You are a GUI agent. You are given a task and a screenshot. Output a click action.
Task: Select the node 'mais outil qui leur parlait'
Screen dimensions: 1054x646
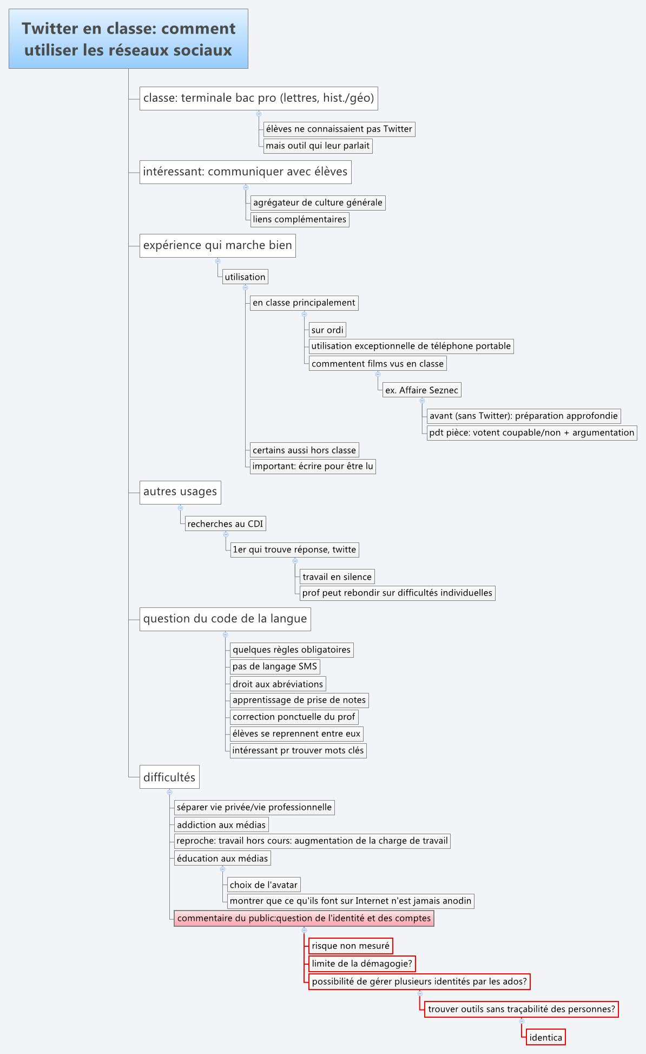pyautogui.click(x=317, y=146)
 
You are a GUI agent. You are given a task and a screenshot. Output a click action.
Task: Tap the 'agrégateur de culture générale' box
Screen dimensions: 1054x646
pyautogui.click(x=318, y=202)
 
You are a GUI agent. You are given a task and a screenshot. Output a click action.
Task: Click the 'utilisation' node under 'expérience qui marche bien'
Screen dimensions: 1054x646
pyautogui.click(x=245, y=277)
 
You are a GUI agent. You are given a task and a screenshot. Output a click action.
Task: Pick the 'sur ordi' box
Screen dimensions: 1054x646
pyautogui.click(x=327, y=330)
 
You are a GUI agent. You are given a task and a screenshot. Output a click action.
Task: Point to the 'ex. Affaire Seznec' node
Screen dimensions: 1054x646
pyautogui.click(x=421, y=390)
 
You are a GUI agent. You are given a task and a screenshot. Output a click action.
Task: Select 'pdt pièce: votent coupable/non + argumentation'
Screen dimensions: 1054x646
pyautogui.click(x=531, y=433)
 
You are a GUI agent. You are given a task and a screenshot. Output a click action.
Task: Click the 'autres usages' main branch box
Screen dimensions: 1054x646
pyautogui.click(x=180, y=492)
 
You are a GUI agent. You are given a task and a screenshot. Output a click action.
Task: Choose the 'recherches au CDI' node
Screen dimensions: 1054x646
pyautogui.click(x=225, y=523)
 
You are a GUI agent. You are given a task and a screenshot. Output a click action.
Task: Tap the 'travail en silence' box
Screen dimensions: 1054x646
pyautogui.click(x=337, y=577)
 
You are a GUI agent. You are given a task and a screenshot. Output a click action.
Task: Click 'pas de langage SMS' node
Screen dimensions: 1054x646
pyautogui.click(x=274, y=666)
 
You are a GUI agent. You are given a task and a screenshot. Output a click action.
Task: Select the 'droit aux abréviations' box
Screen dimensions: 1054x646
pyautogui.click(x=278, y=684)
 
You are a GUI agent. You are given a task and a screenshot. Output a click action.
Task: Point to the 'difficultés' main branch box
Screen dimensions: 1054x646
pyautogui.click(x=169, y=777)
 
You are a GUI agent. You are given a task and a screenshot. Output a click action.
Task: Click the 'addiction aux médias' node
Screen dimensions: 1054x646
pyautogui.click(x=221, y=824)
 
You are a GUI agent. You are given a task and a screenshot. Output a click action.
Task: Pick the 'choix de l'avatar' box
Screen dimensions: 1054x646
pyautogui.click(x=263, y=885)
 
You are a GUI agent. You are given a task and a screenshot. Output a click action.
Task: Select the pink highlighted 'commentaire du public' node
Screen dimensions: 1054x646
pyautogui.click(x=304, y=918)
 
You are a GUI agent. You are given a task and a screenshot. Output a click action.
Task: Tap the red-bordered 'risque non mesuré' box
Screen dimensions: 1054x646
pyautogui.click(x=351, y=946)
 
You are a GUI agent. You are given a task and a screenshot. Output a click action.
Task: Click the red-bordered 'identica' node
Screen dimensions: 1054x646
pyautogui.click(x=545, y=1037)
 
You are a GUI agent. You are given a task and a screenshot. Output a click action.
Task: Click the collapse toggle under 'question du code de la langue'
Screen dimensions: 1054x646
pyautogui.click(x=226, y=634)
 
